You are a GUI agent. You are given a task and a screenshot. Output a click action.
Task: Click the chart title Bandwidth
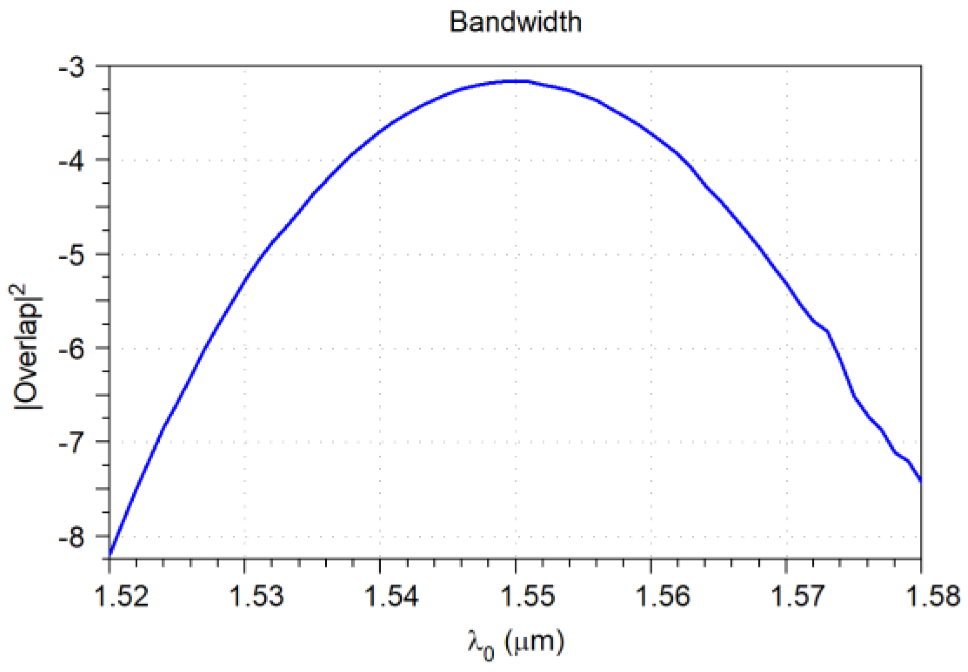click(x=515, y=22)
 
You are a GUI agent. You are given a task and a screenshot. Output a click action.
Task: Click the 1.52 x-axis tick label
click(x=121, y=596)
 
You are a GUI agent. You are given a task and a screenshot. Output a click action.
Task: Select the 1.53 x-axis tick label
click(x=257, y=596)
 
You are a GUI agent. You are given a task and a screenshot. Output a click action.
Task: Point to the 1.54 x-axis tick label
click(x=392, y=596)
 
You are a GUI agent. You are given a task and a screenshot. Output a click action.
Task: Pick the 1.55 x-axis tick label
click(x=527, y=596)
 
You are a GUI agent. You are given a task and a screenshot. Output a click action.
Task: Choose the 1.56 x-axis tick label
click(x=663, y=596)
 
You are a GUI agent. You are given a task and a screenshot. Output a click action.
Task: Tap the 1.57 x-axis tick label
click(x=798, y=596)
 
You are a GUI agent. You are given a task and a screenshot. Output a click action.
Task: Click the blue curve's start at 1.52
click(x=110, y=555)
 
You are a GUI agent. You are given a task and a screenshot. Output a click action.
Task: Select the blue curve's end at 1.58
click(x=920, y=480)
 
